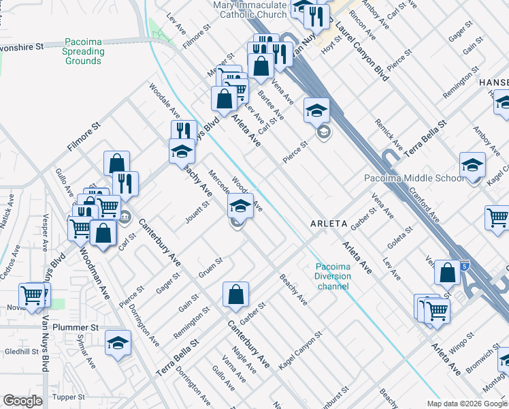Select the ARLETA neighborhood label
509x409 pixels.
[x=329, y=223]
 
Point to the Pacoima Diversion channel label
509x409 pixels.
[x=333, y=276]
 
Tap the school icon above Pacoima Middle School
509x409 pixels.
[x=472, y=165]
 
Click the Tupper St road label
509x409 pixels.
[x=68, y=396]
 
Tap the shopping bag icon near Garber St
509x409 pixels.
[x=235, y=294]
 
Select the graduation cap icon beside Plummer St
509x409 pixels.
[x=118, y=343]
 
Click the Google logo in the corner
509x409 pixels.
[x=22, y=401]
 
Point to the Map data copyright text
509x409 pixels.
[x=467, y=404]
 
